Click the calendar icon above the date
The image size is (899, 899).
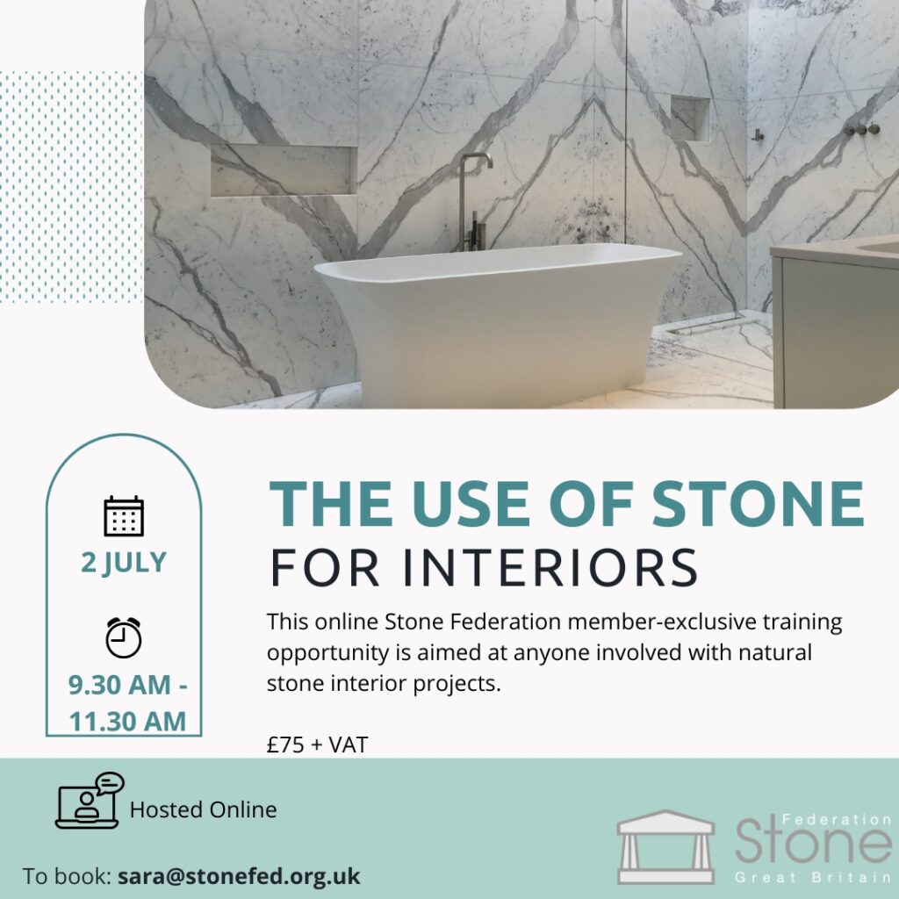click(x=124, y=516)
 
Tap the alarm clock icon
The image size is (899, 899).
click(x=123, y=637)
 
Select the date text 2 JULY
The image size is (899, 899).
click(x=124, y=562)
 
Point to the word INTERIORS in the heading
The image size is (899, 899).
click(x=550, y=568)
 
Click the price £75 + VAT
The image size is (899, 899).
click(x=317, y=744)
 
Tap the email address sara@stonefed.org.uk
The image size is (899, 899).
click(x=239, y=876)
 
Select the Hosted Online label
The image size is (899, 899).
click(x=203, y=809)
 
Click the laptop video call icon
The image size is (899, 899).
click(x=90, y=800)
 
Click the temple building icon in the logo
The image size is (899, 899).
click(x=665, y=846)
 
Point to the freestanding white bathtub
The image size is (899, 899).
click(x=498, y=324)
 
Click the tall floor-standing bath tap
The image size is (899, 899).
click(x=473, y=202)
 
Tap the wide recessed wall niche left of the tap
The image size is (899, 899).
click(x=284, y=170)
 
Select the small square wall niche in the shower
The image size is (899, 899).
click(x=690, y=118)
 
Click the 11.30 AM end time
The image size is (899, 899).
click(x=127, y=722)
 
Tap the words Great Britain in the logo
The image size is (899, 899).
click(x=812, y=878)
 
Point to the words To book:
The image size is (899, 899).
click(x=67, y=876)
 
